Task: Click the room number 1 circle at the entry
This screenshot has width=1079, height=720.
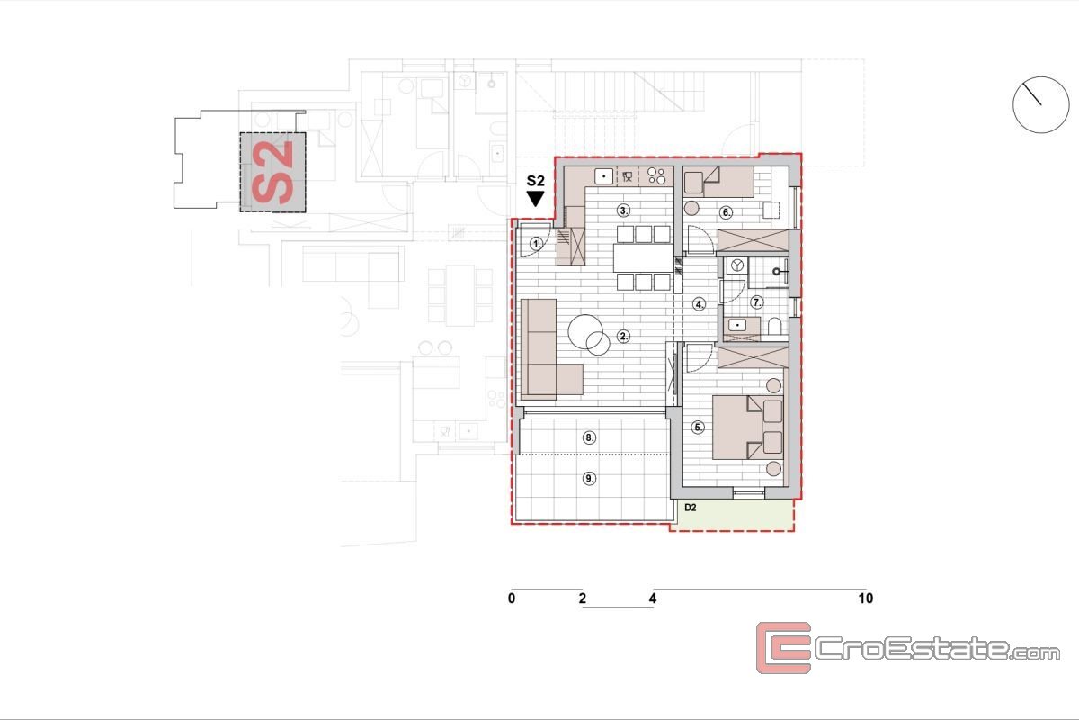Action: click(x=536, y=244)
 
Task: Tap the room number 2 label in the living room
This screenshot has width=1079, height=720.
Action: click(x=623, y=337)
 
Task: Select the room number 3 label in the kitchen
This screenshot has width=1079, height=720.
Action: click(x=623, y=211)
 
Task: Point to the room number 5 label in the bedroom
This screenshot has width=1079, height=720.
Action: click(x=698, y=427)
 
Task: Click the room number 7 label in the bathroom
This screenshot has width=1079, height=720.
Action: click(x=757, y=302)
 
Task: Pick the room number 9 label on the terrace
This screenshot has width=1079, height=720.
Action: click(x=589, y=479)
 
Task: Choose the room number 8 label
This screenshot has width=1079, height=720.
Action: click(x=589, y=438)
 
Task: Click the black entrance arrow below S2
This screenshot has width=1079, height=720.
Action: click(x=535, y=199)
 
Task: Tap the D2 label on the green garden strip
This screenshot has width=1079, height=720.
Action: click(x=691, y=508)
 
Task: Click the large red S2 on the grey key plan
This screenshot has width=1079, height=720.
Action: click(x=272, y=172)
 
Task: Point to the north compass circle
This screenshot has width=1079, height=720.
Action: click(x=1041, y=104)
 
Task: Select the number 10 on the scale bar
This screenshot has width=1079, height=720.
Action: click(x=866, y=598)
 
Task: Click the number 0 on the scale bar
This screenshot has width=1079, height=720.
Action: click(x=512, y=598)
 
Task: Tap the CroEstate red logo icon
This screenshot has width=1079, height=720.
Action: click(x=783, y=647)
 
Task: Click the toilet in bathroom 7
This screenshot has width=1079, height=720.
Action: click(x=774, y=327)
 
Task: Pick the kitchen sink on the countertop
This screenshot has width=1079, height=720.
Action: click(x=603, y=176)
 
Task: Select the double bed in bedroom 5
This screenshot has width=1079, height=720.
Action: click(x=748, y=427)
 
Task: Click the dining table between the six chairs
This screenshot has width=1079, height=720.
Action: click(x=643, y=258)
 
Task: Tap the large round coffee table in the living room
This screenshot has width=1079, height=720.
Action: click(x=585, y=331)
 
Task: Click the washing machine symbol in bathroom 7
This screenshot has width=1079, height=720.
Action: click(x=736, y=265)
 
